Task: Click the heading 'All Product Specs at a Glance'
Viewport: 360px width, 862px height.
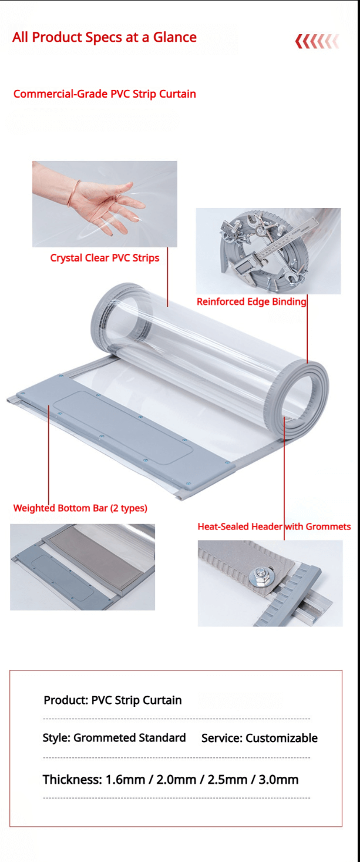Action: pyautogui.click(x=104, y=38)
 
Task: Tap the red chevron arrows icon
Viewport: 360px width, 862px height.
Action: pyautogui.click(x=317, y=41)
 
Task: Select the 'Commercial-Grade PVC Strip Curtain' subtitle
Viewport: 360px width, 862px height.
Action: pyautogui.click(x=105, y=94)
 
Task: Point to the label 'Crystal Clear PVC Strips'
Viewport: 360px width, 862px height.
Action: pyautogui.click(x=105, y=258)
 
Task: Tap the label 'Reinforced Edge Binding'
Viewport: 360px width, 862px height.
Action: pyautogui.click(x=251, y=301)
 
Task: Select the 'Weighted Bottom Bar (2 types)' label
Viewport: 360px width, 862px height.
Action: pyautogui.click(x=80, y=508)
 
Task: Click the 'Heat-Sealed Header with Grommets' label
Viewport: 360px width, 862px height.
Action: pyautogui.click(x=274, y=526)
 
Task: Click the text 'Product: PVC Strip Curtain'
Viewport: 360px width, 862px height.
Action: pyautogui.click(x=113, y=700)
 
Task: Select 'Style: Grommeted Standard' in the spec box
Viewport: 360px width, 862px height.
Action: pyautogui.click(x=115, y=737)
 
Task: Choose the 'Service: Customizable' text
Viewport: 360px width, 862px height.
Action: pyautogui.click(x=260, y=738)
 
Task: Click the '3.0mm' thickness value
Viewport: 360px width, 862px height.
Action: pyautogui.click(x=278, y=780)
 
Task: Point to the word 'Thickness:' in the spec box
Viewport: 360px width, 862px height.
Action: pyautogui.click(x=72, y=780)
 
